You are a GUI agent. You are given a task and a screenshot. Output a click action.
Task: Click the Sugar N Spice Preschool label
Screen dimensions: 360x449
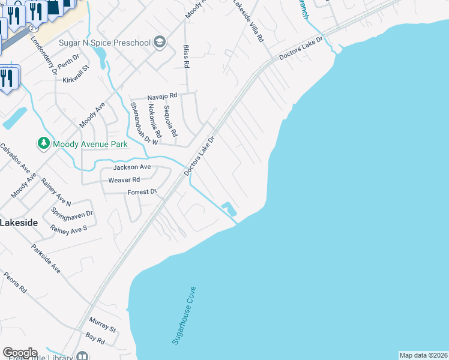click(105, 42)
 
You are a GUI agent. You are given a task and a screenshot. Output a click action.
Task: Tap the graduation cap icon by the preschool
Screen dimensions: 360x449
click(160, 42)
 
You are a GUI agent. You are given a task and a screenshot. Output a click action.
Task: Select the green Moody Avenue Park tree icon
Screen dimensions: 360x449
click(43, 143)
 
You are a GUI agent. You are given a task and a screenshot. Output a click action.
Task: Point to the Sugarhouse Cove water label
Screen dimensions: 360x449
click(184, 315)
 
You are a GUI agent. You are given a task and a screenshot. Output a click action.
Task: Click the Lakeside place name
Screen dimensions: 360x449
click(19, 222)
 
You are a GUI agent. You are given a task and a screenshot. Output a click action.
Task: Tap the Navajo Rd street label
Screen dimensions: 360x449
click(163, 95)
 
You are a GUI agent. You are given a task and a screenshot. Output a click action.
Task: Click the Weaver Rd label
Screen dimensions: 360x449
click(124, 179)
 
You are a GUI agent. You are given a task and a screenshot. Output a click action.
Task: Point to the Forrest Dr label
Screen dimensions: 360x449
click(142, 192)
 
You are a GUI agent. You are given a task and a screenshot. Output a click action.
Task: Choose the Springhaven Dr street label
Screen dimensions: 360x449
click(72, 213)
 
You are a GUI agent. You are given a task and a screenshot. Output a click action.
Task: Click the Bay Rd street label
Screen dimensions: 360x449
click(95, 338)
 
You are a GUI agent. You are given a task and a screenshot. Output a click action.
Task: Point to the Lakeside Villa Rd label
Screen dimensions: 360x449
click(249, 26)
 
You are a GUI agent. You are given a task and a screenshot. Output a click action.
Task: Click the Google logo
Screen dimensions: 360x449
click(20, 352)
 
